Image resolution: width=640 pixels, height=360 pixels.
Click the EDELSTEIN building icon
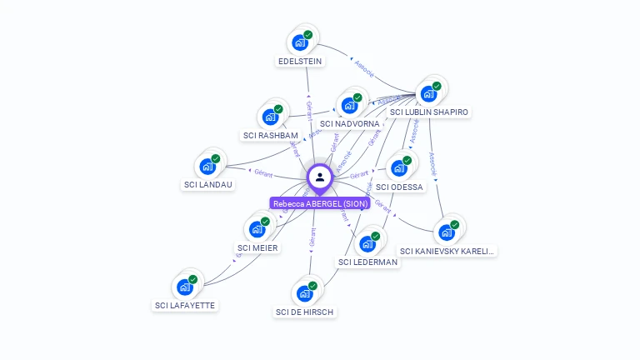pos(300,42)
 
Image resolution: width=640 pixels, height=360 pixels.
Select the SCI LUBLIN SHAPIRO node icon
pos(429,93)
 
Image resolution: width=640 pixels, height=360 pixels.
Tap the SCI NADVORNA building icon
pos(350,105)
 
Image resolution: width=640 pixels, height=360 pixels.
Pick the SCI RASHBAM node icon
pos(271,117)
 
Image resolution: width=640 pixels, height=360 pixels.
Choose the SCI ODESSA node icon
pos(400,167)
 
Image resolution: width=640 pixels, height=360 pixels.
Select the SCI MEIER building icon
pos(257,228)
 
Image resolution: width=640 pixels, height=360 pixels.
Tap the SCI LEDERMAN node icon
pos(367,243)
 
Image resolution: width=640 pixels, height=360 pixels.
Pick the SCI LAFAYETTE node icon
pos(185,287)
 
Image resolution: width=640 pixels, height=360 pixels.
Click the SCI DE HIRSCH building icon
pos(305,292)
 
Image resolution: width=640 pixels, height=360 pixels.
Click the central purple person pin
pos(320,177)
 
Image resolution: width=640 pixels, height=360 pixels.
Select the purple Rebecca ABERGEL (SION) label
pos(320,203)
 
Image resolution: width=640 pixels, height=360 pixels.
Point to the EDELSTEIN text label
pos(300,61)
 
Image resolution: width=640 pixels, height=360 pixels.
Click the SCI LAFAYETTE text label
pos(185,306)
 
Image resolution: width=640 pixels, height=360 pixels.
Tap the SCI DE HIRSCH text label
pos(305,312)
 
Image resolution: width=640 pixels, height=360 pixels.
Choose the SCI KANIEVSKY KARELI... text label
pos(447,251)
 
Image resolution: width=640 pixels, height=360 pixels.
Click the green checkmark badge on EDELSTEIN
pos(308,36)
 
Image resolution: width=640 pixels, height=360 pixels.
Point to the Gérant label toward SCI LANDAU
pos(263,172)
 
